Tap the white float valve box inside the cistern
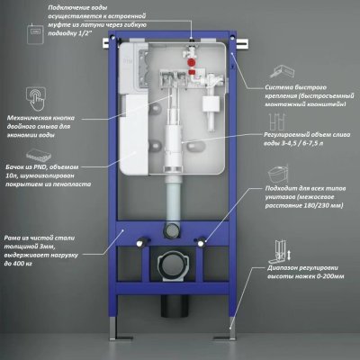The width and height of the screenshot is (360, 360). pyautogui.click(x=212, y=104)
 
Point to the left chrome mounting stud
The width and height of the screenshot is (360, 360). pyautogui.click(x=139, y=242)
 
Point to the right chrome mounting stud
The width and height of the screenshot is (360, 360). pyautogui.click(x=202, y=242)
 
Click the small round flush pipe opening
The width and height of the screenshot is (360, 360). pyautogui.click(x=172, y=230)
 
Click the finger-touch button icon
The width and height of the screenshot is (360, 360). pyautogui.click(x=36, y=98)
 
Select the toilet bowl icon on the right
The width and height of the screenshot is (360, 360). pyautogui.click(x=278, y=174)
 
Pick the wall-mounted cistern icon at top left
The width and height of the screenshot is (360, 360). pyautogui.click(x=35, y=33)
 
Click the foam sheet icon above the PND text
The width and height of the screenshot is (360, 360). pyautogui.click(x=39, y=156)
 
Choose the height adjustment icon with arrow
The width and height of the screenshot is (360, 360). pyautogui.click(x=282, y=251)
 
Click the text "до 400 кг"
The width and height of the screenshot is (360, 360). pyautogui.click(x=18, y=264)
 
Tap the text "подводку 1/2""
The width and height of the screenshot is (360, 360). pyautogui.click(x=70, y=33)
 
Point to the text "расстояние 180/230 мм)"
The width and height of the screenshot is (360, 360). pyautogui.click(x=304, y=206)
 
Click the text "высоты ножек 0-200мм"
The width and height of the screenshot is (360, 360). pyautogui.click(x=306, y=276)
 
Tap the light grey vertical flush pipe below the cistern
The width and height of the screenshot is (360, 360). pyautogui.click(x=173, y=198)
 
